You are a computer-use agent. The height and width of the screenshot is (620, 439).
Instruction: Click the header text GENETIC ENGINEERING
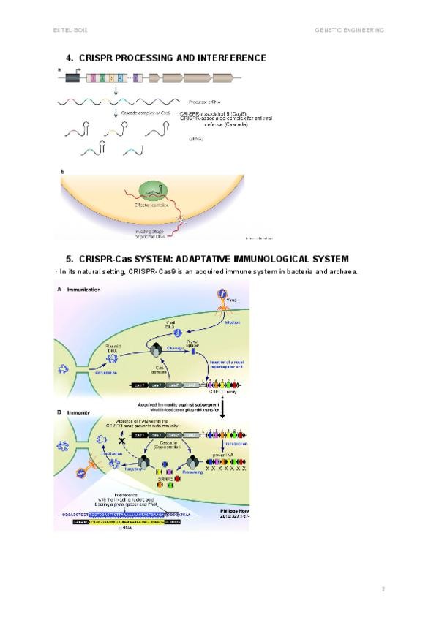[x=349, y=30]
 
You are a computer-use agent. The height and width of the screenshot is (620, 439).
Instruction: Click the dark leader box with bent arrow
[x=73, y=77]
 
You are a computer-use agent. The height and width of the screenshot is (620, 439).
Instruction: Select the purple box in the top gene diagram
[x=136, y=77]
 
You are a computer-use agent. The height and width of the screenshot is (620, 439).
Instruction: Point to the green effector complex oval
[x=152, y=196]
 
